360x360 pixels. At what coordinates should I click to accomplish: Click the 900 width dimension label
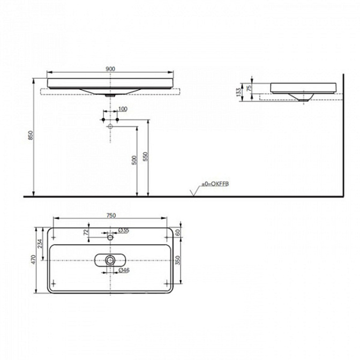(x=110, y=69)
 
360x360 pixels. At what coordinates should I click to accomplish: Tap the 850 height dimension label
(x=31, y=135)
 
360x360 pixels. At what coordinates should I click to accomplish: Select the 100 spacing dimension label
(x=123, y=109)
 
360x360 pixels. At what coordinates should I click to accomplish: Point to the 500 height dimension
(x=134, y=160)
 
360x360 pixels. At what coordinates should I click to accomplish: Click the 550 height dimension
(x=146, y=156)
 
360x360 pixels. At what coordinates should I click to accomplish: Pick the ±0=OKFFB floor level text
(x=215, y=184)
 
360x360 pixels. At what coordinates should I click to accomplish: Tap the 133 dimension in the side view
(x=239, y=92)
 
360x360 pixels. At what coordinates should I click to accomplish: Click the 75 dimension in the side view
(x=249, y=88)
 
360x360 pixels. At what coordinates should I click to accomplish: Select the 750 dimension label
(x=111, y=215)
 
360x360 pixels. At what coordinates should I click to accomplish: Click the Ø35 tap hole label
(x=124, y=230)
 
